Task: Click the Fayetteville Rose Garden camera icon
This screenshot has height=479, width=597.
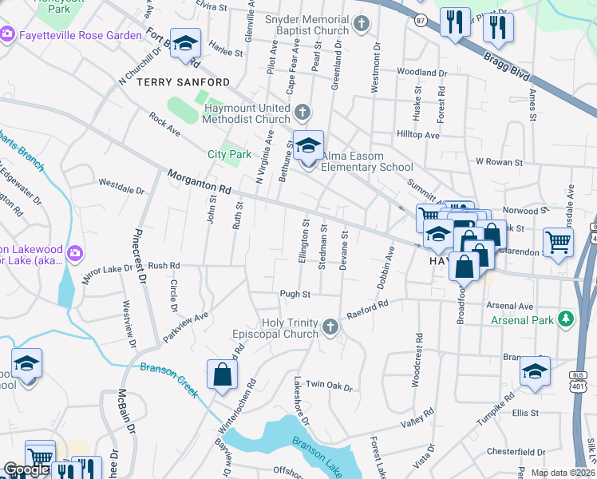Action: pos(8,35)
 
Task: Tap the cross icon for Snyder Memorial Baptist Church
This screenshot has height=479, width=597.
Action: pos(361,22)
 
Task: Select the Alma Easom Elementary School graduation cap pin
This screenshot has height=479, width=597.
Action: pos(308,147)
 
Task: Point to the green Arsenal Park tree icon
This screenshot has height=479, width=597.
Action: pos(566,319)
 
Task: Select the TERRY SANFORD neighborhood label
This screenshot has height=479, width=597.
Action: pos(184,82)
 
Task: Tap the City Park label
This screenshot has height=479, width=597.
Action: pos(229,154)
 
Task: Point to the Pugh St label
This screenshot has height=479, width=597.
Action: pos(295,295)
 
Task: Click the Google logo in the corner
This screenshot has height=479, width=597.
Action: pos(26,470)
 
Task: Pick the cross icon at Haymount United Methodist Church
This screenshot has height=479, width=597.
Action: pos(302,111)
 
